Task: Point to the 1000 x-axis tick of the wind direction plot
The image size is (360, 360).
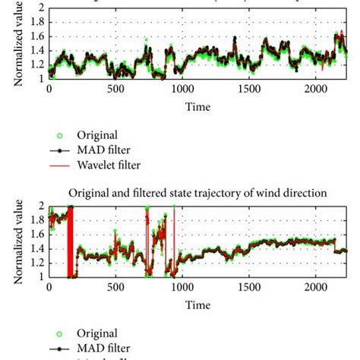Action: [182, 289]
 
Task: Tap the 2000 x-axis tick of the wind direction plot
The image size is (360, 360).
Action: [315, 289]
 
